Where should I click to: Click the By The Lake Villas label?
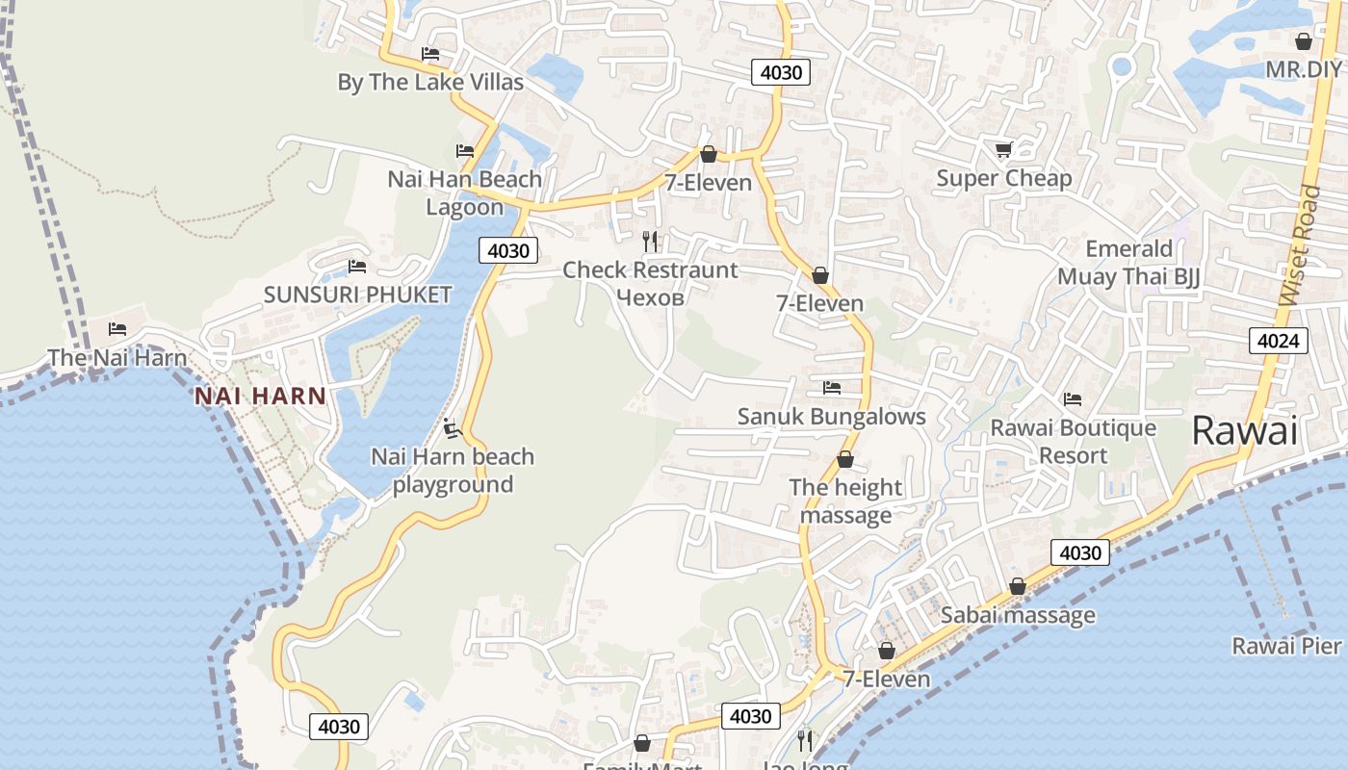pyautogui.click(x=430, y=82)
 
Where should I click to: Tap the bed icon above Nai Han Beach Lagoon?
pyautogui.click(x=465, y=151)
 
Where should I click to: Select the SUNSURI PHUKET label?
pyautogui.click(x=357, y=295)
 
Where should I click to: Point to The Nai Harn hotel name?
pyautogui.click(x=117, y=357)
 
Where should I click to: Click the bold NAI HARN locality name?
pyautogui.click(x=260, y=396)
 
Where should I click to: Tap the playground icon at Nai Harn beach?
pyautogui.click(x=452, y=426)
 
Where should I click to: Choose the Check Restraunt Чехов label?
pyautogui.click(x=650, y=283)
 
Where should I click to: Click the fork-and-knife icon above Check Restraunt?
pyautogui.click(x=650, y=241)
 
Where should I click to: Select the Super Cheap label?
pyautogui.click(x=1003, y=178)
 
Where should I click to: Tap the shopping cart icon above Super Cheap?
pyautogui.click(x=1003, y=149)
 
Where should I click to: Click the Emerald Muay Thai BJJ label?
pyautogui.click(x=1128, y=263)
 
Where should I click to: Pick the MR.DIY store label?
pyautogui.click(x=1303, y=69)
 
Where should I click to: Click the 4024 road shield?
pyautogui.click(x=1279, y=340)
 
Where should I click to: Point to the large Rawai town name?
pyautogui.click(x=1244, y=430)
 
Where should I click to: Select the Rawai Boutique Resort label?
pyautogui.click(x=1073, y=441)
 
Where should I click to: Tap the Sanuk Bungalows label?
pyautogui.click(x=831, y=417)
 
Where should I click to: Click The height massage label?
pyautogui.click(x=845, y=501)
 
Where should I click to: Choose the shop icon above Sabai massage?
pyautogui.click(x=1018, y=586)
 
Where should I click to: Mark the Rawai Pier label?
pyautogui.click(x=1285, y=645)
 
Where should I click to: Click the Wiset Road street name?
pyautogui.click(x=1301, y=246)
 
